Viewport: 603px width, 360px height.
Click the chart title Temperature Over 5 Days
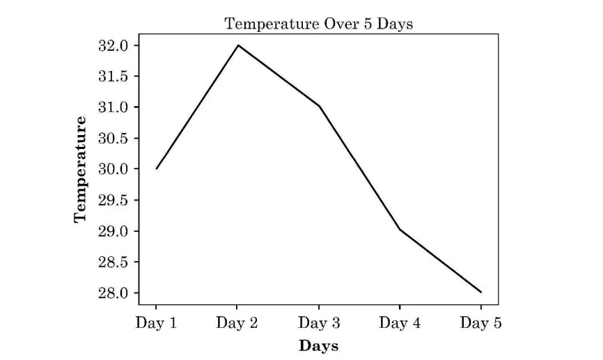[318, 24]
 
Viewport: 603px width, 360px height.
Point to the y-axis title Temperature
[81, 169]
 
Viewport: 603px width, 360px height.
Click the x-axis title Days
[318, 345]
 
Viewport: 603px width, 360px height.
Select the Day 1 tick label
[156, 323]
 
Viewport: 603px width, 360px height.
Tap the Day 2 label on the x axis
[237, 323]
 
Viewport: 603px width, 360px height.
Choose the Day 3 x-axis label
[319, 323]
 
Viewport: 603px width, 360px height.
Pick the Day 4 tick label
[400, 323]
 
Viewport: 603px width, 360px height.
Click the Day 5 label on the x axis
[481, 323]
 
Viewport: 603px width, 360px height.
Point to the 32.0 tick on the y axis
[114, 45]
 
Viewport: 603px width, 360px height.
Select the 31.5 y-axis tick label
[114, 76]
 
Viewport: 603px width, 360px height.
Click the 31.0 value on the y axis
[114, 107]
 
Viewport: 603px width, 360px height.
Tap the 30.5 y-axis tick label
[114, 138]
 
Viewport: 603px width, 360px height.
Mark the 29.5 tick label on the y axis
[114, 200]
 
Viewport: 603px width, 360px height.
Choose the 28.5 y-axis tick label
[114, 262]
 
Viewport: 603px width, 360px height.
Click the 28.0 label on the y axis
[114, 292]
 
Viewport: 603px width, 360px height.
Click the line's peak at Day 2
[237, 45]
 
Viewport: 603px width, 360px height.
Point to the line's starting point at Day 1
[157, 169]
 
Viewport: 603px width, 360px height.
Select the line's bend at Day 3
[319, 107]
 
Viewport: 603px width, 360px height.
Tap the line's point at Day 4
[400, 230]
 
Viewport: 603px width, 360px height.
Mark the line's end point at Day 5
[480, 292]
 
